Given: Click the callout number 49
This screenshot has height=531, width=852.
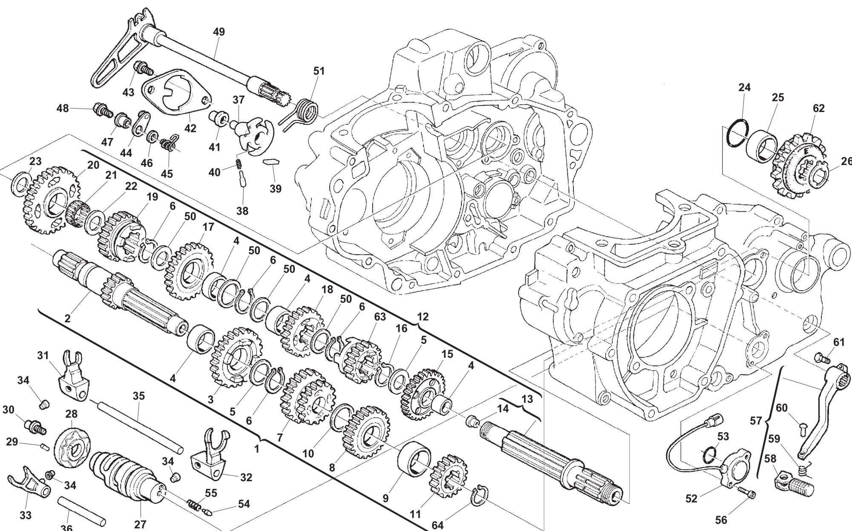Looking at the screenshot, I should pyautogui.click(x=219, y=32).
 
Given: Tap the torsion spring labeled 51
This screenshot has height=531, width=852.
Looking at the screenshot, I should pyautogui.click(x=305, y=110).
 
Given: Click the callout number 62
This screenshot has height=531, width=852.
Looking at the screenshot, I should pyautogui.click(x=819, y=108).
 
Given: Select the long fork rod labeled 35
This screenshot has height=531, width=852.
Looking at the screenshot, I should pyautogui.click(x=140, y=426).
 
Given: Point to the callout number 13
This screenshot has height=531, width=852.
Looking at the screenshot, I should pyautogui.click(x=527, y=399).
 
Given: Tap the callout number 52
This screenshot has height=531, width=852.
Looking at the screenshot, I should pyautogui.click(x=691, y=498).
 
